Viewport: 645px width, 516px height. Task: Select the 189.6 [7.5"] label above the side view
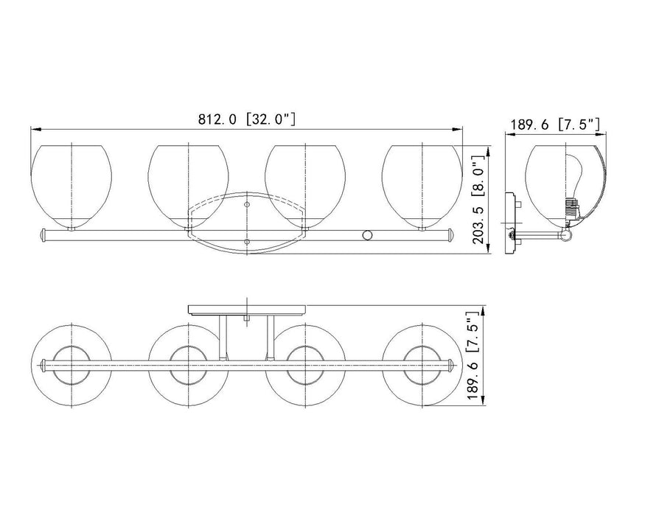click(x=554, y=125)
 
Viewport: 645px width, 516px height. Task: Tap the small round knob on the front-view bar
click(x=366, y=235)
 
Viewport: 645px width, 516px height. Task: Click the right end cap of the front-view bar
click(x=449, y=235)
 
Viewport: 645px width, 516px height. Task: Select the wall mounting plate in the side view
click(x=508, y=223)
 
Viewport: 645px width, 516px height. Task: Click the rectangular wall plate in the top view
click(x=247, y=308)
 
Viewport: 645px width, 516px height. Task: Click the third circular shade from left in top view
click(x=304, y=364)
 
